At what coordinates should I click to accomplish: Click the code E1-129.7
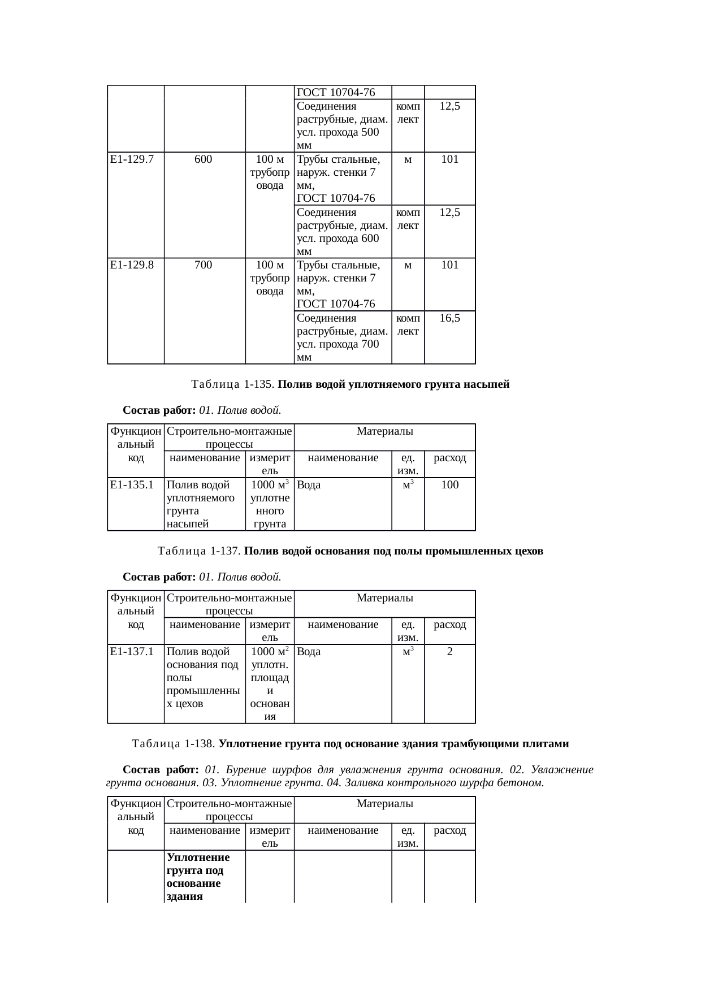[x=132, y=159]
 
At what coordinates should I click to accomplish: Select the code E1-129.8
[x=132, y=265]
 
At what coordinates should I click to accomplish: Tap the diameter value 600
[x=203, y=159]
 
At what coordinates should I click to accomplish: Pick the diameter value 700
[x=203, y=265]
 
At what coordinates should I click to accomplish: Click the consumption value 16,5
[x=449, y=318]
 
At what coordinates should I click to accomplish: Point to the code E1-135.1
[x=132, y=485]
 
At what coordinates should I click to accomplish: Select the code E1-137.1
[x=132, y=652]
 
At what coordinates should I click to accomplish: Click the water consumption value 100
[x=449, y=485]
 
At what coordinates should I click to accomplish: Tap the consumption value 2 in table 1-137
[x=449, y=652]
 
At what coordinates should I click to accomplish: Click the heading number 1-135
[x=259, y=385]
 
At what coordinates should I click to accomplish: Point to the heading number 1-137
[x=226, y=551]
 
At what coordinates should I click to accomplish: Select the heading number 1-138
[x=200, y=744]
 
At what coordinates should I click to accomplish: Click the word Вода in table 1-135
[x=309, y=485]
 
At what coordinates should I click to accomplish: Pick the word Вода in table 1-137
[x=309, y=652]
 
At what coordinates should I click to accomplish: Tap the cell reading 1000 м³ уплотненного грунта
[x=270, y=504]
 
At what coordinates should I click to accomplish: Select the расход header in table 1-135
[x=449, y=458]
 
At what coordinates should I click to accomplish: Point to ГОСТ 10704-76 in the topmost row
[x=336, y=93]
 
